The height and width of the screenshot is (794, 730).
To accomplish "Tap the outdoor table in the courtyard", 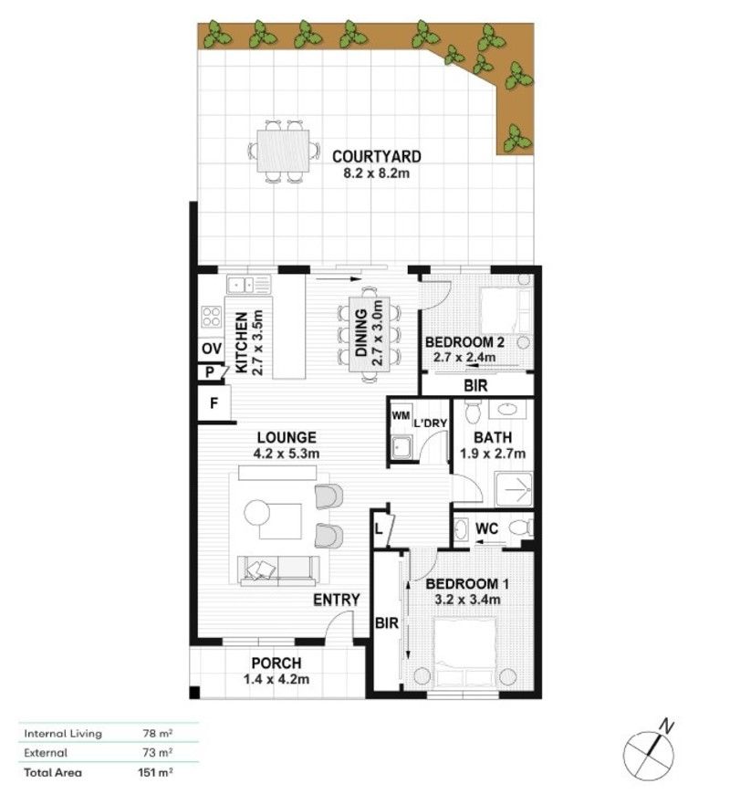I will [284, 149].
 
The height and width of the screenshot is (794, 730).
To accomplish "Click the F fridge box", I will [213, 402].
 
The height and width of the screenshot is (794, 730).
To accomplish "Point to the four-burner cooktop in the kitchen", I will [212, 317].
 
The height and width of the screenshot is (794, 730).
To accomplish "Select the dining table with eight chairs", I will [371, 332].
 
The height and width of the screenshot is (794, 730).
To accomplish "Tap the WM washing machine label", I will [400, 415].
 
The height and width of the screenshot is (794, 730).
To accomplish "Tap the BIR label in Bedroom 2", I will [475, 386].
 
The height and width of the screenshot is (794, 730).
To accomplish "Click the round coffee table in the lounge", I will [258, 512].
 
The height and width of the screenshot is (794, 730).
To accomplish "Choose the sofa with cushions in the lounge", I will [278, 569].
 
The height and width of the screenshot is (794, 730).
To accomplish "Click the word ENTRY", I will [337, 600].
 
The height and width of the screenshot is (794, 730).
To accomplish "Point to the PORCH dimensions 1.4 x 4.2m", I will [277, 678].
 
